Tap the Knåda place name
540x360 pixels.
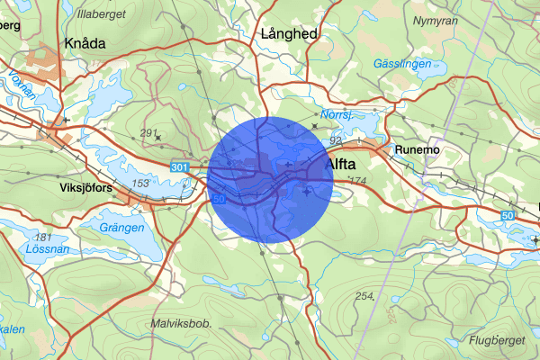coord(85,42)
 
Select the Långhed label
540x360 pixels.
coord(289,32)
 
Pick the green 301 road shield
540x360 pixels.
coord(178,166)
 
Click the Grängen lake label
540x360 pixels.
coord(122,228)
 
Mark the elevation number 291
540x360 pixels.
coord(149,133)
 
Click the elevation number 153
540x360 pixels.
coord(140,183)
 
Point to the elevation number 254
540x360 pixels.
coord(364,296)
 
